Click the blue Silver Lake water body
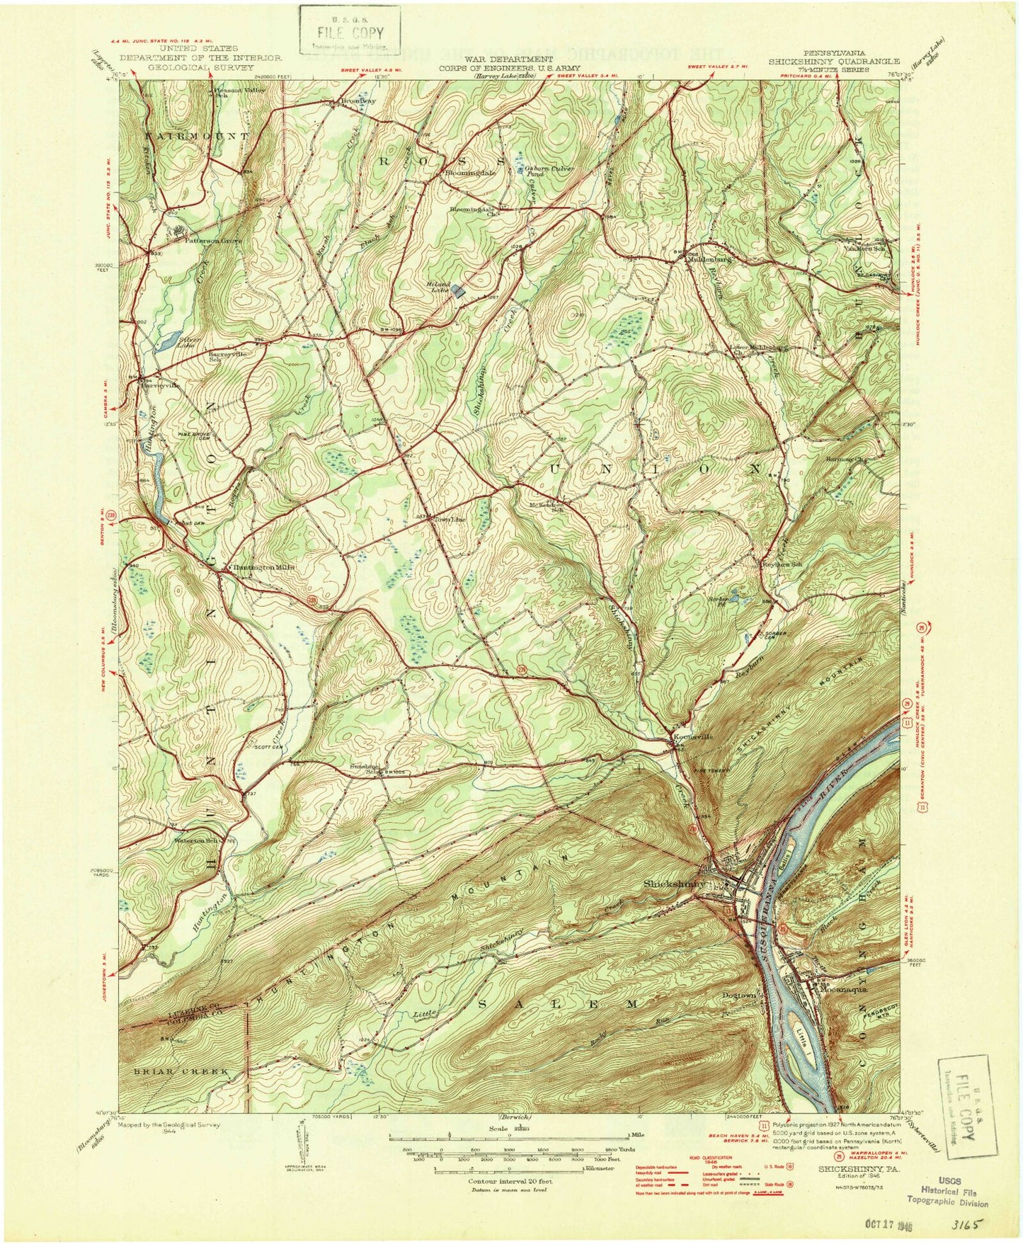point(164,343)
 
